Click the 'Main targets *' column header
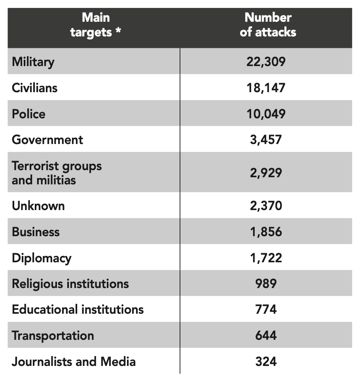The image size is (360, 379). [96, 25]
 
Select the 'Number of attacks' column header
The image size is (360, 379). [268, 25]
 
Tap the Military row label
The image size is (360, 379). [33, 62]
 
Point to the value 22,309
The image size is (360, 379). [266, 62]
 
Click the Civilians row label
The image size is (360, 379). [35, 87]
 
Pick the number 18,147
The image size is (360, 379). [266, 87]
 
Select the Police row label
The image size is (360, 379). [28, 114]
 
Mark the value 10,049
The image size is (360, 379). [266, 114]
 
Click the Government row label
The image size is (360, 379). [47, 140]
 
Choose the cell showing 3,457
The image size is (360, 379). [266, 140]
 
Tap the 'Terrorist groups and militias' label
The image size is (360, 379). [57, 173]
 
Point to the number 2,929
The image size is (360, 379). [266, 173]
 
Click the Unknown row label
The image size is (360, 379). [38, 206]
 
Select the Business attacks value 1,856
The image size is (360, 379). [266, 231]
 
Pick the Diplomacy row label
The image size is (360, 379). [42, 258]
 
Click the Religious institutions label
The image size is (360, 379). [70, 284]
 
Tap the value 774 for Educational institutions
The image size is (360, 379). [266, 309]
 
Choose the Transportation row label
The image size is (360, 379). [53, 335]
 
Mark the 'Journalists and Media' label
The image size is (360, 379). [74, 361]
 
